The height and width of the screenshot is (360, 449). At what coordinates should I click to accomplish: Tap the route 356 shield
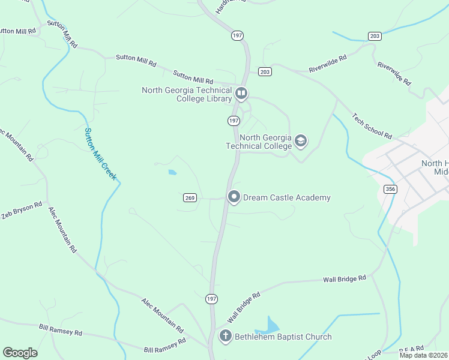click(x=390, y=189)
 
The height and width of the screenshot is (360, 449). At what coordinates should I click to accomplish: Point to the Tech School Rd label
click(x=372, y=125)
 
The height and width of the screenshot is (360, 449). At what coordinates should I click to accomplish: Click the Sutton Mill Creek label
click(x=100, y=154)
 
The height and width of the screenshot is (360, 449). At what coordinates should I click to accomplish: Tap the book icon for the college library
click(x=241, y=94)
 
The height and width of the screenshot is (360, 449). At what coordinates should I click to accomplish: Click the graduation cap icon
click(x=301, y=141)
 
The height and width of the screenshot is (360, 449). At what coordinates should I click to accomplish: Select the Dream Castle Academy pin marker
click(x=234, y=197)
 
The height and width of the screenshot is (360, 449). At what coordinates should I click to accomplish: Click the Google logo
click(x=20, y=353)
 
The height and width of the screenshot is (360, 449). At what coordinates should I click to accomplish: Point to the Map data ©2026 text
click(x=424, y=355)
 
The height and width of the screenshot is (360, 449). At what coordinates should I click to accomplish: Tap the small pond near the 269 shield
click(x=172, y=173)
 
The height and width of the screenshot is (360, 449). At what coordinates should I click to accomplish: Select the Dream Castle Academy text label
click(x=287, y=197)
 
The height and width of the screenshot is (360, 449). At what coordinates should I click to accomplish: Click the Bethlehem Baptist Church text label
click(x=283, y=337)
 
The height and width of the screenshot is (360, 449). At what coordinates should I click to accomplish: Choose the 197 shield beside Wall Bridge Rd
click(x=211, y=298)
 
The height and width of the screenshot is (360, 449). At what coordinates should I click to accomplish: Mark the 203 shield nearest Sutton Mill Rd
click(x=265, y=71)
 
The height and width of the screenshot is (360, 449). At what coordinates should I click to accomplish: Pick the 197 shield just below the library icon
click(x=234, y=121)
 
